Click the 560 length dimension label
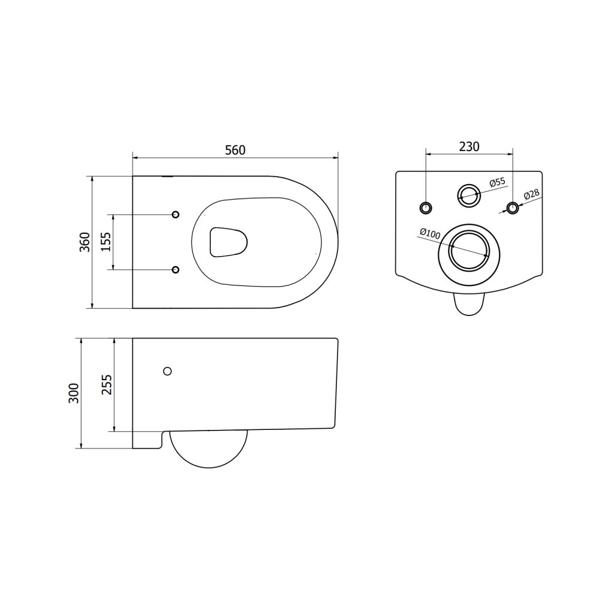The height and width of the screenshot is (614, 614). [x=235, y=150]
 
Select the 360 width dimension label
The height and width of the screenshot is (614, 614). [x=85, y=242]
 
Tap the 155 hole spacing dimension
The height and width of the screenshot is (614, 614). [x=106, y=242]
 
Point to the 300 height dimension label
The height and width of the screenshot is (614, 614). [x=74, y=393]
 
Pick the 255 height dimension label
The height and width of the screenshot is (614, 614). [x=107, y=384]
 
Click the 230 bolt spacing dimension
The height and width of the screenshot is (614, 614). [x=469, y=146]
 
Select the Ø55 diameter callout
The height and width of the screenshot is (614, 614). [x=497, y=182]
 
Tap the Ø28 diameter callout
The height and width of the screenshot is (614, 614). [x=531, y=195]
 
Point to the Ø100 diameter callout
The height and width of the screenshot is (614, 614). [x=430, y=234]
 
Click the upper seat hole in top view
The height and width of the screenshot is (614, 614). [x=176, y=214]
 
